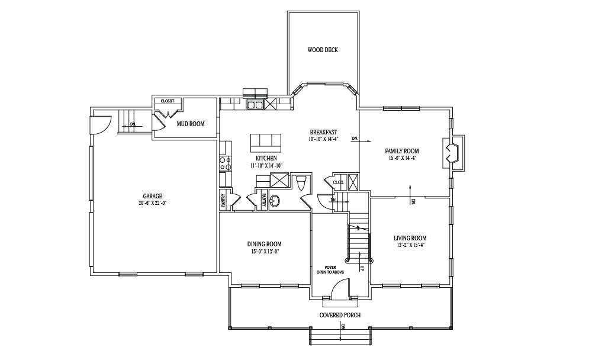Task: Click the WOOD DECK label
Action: [x=323, y=50]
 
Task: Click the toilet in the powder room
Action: [x=301, y=182]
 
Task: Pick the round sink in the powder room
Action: [x=275, y=201]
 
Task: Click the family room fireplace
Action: [x=452, y=150]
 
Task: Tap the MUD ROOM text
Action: [x=191, y=124]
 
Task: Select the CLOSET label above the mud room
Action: [x=167, y=101]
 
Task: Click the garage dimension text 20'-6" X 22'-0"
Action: [x=152, y=203]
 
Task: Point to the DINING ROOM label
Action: [x=264, y=244]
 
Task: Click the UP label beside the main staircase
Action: [x=362, y=268]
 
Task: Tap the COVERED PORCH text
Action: [x=340, y=315]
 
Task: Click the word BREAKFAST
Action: [x=323, y=132]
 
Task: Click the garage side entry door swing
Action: [x=99, y=125]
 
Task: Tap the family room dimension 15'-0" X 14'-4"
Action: [x=402, y=158]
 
